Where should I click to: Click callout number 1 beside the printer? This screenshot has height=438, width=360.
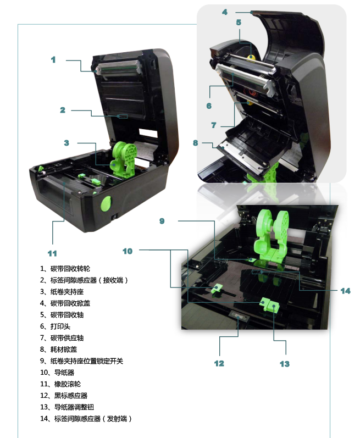pyautogui.click(x=53, y=59)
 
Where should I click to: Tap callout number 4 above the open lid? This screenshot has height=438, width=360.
pyautogui.click(x=225, y=12)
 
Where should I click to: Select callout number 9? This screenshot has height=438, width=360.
pyautogui.click(x=162, y=221)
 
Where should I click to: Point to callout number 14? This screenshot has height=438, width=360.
pyautogui.click(x=345, y=291)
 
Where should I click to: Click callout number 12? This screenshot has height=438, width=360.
pyautogui.click(x=219, y=363)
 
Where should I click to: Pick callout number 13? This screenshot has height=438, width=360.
pyautogui.click(x=285, y=364)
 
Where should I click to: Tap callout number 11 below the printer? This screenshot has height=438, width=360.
pyautogui.click(x=52, y=253)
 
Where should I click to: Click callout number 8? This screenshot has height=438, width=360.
pyautogui.click(x=196, y=143)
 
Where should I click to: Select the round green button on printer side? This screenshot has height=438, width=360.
pyautogui.click(x=106, y=203)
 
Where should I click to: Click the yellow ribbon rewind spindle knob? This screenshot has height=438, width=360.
pyautogui.click(x=251, y=57)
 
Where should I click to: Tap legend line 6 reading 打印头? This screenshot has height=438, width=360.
pyautogui.click(x=55, y=326)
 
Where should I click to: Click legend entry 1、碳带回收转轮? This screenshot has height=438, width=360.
pyautogui.click(x=65, y=269)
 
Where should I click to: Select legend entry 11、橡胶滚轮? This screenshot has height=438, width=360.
pyautogui.click(x=60, y=384)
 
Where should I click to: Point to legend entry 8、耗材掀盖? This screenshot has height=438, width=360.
pyautogui.click(x=58, y=350)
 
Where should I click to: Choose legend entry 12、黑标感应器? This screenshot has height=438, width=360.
pyautogui.click(x=64, y=396)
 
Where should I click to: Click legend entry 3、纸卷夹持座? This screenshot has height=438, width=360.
pyautogui.click(x=62, y=292)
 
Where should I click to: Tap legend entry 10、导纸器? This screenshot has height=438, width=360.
pyautogui.click(x=57, y=373)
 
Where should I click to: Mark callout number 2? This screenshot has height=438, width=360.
pyautogui.click(x=63, y=110)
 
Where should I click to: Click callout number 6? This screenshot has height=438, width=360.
pyautogui.click(x=209, y=106)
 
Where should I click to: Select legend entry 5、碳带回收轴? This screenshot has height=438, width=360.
pyautogui.click(x=62, y=315)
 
